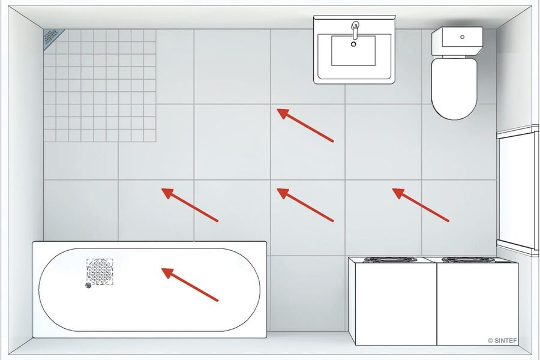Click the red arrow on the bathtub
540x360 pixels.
coord(190,284)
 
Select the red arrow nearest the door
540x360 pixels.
coord(421,205)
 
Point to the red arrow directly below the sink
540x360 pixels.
coord(305,125)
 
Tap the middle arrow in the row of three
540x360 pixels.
coord(305,205)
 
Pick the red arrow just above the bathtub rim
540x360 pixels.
coord(190,205)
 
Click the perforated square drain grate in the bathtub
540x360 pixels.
coord(100,272)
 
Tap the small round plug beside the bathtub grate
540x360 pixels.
coord(89,285)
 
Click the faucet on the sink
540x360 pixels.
coord(355,31)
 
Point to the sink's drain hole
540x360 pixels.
coord(353,44)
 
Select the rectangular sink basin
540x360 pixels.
coord(353,50)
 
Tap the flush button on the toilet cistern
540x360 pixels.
coord(462,37)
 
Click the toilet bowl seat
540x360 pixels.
coord(454,89)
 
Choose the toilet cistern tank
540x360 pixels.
coord(457,41)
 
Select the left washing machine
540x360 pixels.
coord(392,301)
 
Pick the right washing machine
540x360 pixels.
coord(478,301)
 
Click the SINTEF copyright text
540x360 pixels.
coord(502,341)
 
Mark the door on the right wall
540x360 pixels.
coord(518,191)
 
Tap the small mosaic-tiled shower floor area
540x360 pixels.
coord(100,85)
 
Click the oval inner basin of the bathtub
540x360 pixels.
coord(149,290)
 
